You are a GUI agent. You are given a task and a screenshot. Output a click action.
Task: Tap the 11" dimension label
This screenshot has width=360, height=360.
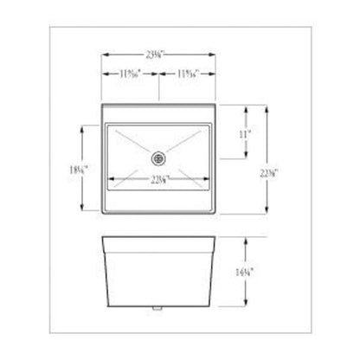tap(245, 135)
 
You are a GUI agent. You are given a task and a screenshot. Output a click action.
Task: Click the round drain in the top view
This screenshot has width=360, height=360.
tap(158, 157)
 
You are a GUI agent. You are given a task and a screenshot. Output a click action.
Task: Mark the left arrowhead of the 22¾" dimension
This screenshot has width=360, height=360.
tap(106, 179)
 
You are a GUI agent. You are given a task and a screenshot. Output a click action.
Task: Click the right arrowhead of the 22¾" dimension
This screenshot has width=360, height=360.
tap(210, 179)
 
